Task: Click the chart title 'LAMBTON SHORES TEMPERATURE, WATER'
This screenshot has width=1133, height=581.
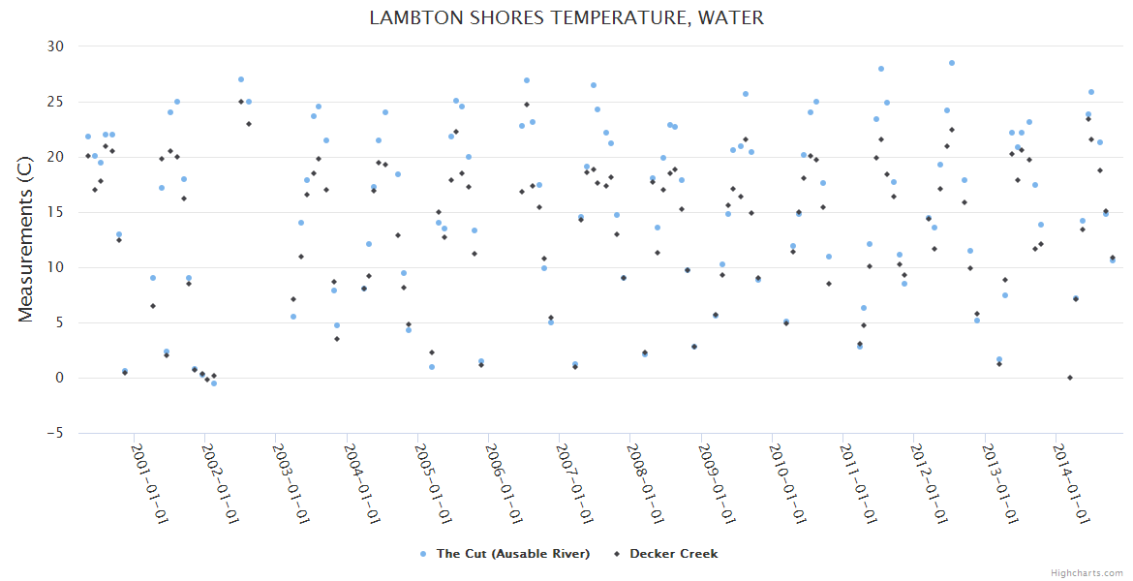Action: [x=566, y=17]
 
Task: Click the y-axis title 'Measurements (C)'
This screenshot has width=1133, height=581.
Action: [x=26, y=239]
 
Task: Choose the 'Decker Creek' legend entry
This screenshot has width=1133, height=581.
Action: [x=673, y=554]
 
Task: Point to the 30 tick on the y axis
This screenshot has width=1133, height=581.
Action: [x=55, y=46]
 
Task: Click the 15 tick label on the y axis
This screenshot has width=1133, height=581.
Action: [x=55, y=212]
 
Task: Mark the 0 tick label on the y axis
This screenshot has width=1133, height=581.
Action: [x=59, y=379]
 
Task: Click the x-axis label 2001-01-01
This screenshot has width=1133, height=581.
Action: [x=151, y=484]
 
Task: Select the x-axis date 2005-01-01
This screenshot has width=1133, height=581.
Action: [x=434, y=484]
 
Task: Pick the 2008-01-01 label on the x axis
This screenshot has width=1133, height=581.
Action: [x=647, y=484]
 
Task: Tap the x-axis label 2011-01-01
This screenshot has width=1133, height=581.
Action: [x=859, y=484]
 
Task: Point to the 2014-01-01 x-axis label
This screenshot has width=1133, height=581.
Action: [x=1071, y=484]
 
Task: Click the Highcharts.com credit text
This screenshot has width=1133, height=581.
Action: [x=1087, y=572]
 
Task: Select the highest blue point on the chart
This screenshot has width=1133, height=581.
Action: [x=952, y=63]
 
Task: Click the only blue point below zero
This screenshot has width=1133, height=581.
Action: [x=214, y=383]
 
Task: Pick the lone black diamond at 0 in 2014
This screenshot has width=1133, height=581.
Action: [x=1069, y=378]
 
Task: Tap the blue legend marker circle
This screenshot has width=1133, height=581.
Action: [x=423, y=554]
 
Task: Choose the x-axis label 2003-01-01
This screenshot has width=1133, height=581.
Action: [x=292, y=484]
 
